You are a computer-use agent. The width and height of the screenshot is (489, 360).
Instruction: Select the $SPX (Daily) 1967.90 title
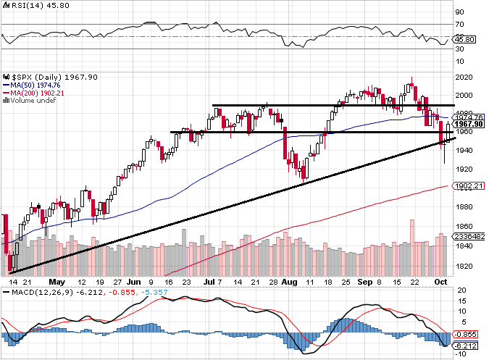click(x=51, y=75)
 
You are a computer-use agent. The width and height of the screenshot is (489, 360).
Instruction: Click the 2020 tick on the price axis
click(x=464, y=77)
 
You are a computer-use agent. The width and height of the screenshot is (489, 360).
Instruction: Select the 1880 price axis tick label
click(x=464, y=206)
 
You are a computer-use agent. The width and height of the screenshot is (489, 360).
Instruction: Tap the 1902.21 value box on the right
click(x=468, y=186)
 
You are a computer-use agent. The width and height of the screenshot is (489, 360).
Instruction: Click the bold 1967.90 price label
click(x=468, y=124)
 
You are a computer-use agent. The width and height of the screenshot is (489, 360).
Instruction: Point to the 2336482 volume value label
click(x=468, y=237)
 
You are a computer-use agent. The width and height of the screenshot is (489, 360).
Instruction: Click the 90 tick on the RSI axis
click(x=459, y=12)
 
